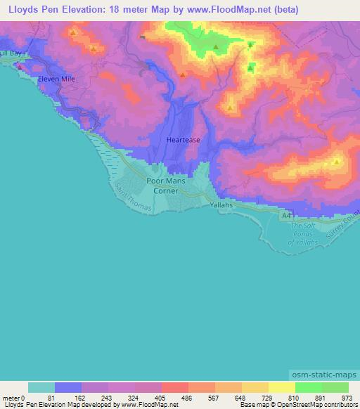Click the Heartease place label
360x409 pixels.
pos(183,140)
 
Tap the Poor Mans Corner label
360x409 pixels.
pos(162,186)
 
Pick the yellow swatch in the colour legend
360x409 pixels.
pos(281,387)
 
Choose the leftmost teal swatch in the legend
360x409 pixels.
pos(41,387)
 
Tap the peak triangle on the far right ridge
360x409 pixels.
pos(337,162)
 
